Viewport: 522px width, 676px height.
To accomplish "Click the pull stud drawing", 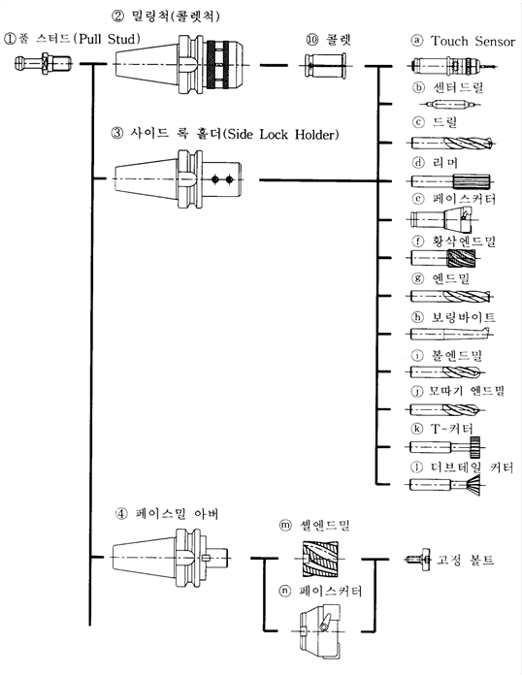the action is (43, 64).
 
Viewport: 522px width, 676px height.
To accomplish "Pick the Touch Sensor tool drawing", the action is (452, 66).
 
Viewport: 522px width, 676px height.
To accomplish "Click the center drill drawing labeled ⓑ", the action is (450, 104).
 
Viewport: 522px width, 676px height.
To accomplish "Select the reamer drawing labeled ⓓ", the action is (450, 181).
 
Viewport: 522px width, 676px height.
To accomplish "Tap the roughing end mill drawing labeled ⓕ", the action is (442, 258).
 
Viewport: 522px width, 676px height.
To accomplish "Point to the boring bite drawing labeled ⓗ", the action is (450, 334).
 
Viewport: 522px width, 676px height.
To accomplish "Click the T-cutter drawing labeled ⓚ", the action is (445, 447).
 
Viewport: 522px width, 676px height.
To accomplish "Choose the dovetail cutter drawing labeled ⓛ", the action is (445, 485).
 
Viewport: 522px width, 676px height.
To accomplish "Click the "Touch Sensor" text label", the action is (473, 41).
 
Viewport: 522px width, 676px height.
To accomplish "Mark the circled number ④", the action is (121, 513).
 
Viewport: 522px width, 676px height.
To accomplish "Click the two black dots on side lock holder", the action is (222, 178).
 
